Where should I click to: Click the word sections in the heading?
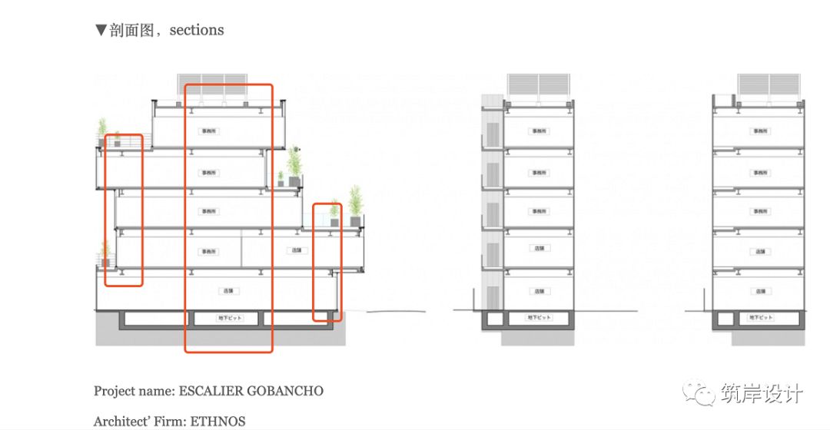pyautogui.click(x=197, y=30)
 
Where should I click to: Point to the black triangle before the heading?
pyautogui.click(x=100, y=30)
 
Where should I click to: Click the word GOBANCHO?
pyautogui.click(x=285, y=391)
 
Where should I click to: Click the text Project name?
pyautogui.click(x=134, y=391)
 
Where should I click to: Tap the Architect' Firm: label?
pyautogui.click(x=141, y=421)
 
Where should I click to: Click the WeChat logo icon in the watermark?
pyautogui.click(x=701, y=393)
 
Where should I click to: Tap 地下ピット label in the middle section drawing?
pyautogui.click(x=538, y=317)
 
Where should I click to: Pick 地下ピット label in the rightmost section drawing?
pyautogui.click(x=760, y=317)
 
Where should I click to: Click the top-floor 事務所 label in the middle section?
pyautogui.click(x=539, y=131)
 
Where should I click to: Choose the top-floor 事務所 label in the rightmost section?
pyautogui.click(x=760, y=131)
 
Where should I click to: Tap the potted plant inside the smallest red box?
pyautogui.click(x=334, y=216)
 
